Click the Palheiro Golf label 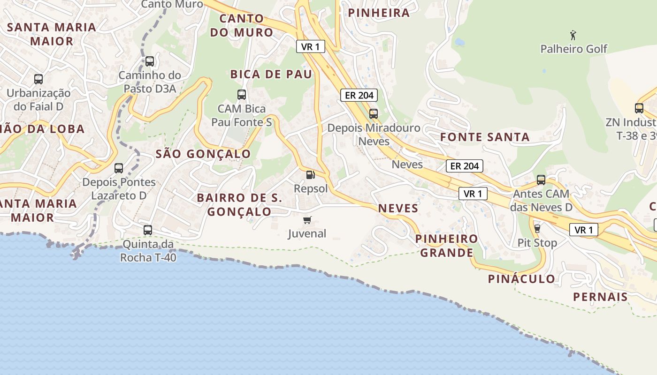[573, 49]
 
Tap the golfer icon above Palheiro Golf [573, 35]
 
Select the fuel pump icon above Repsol [310, 175]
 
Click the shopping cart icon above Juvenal [307, 220]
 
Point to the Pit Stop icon [537, 228]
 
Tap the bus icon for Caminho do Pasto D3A [150, 61]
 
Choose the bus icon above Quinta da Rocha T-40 [148, 230]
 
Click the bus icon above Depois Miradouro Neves [374, 113]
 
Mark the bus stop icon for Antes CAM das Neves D [541, 180]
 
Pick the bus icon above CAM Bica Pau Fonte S [242, 95]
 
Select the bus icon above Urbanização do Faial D [38, 79]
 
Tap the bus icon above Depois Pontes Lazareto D [119, 168]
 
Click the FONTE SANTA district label [485, 137]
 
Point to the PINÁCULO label [521, 279]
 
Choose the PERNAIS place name [600, 297]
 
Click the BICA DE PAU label [271, 74]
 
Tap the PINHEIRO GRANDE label [446, 246]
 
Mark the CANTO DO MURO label [242, 25]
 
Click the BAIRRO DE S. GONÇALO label [239, 205]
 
